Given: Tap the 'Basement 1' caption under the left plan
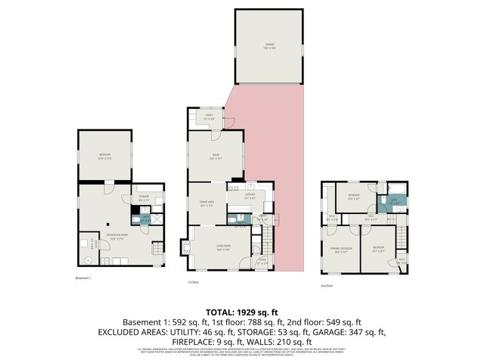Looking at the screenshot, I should pyautogui.click(x=83, y=278).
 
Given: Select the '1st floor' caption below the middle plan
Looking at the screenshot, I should pyautogui.click(x=193, y=283).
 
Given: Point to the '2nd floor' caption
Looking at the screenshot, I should pyautogui.click(x=327, y=286).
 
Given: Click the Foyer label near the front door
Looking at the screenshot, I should pyautogui.click(x=262, y=262).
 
